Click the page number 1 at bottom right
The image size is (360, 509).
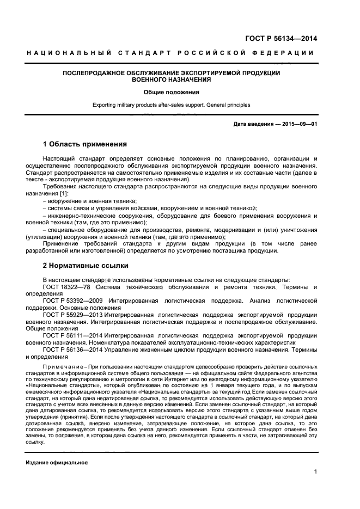(x=315, y=472)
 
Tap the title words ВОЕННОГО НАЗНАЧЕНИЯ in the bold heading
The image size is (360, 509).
(x=172, y=79)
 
